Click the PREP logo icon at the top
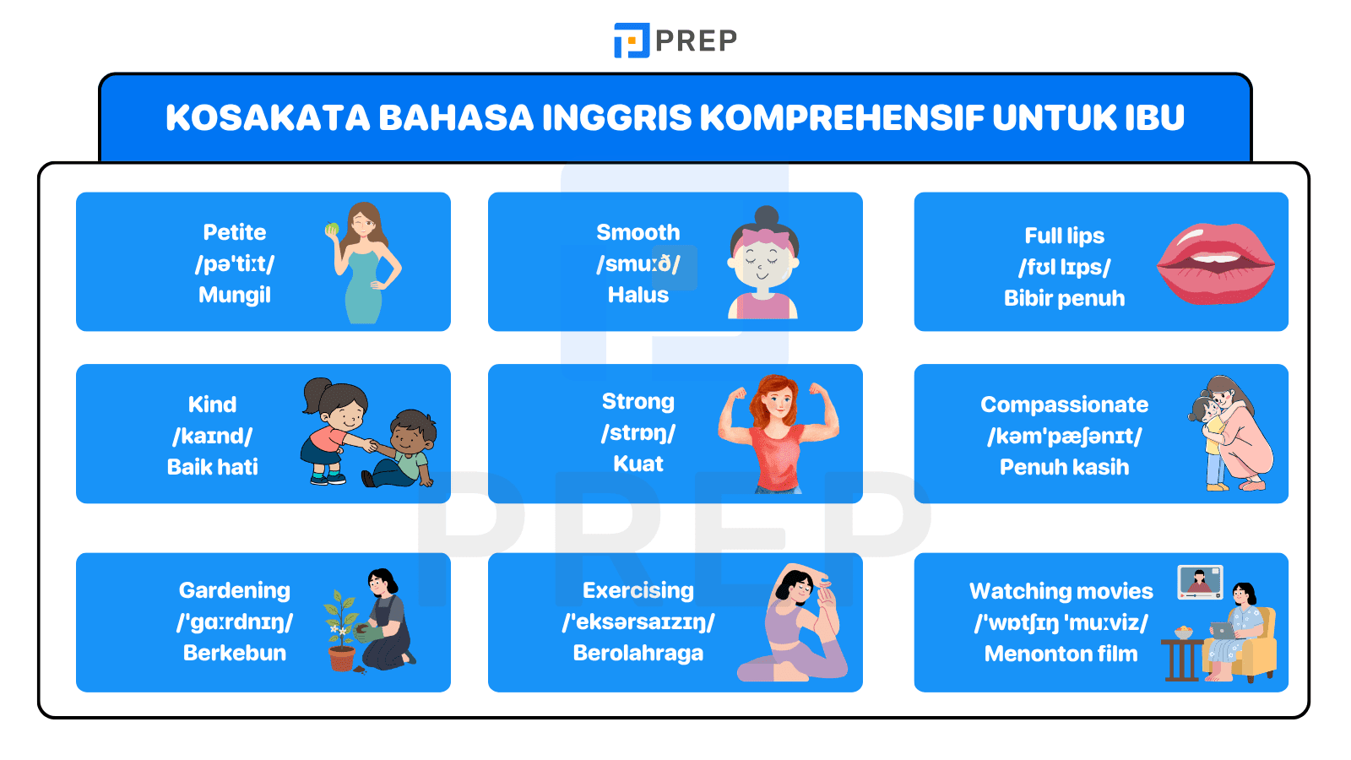click(x=632, y=40)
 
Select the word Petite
click(x=235, y=232)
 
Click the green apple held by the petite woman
click(x=332, y=229)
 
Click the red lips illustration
click(x=1215, y=263)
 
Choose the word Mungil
click(x=235, y=295)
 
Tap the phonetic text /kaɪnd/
click(x=213, y=436)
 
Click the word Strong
click(x=638, y=401)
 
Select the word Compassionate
click(x=1064, y=404)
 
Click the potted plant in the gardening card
click(x=341, y=633)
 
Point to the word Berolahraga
click(x=638, y=653)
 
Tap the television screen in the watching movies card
click(x=1200, y=581)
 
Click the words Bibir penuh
click(x=1064, y=298)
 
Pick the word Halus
click(x=638, y=295)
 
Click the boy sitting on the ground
click(x=404, y=452)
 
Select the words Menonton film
click(x=1061, y=654)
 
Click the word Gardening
click(x=235, y=590)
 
